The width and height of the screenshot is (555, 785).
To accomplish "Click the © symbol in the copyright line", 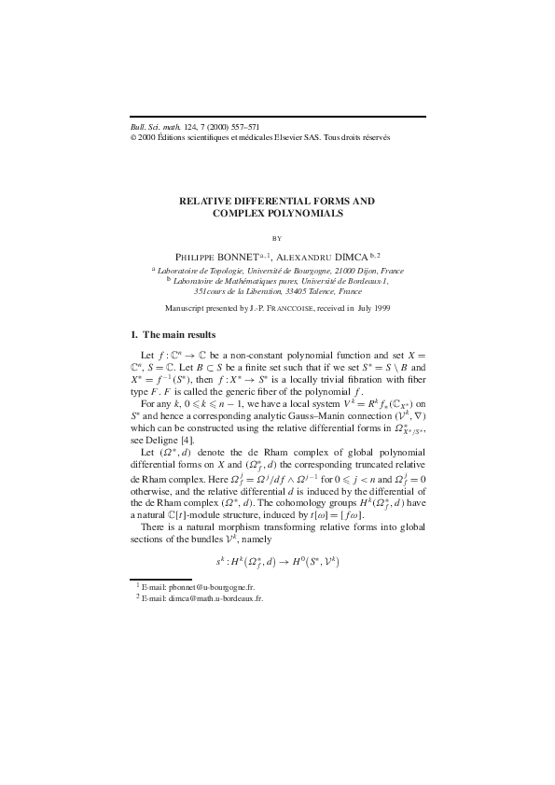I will coord(132,137).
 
